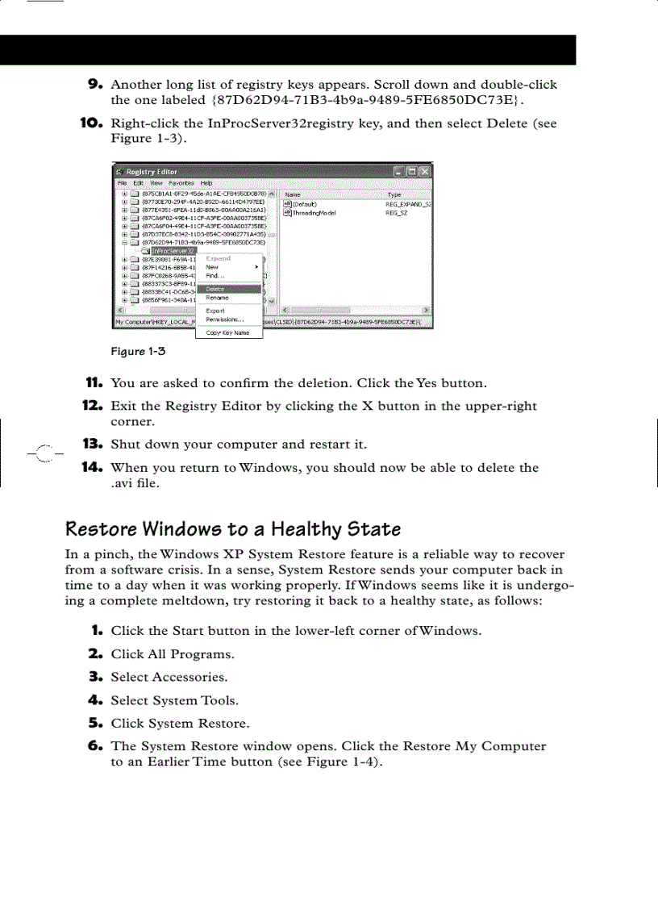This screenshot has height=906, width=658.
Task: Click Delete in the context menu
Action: (215, 289)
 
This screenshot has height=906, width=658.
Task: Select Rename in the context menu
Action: (217, 298)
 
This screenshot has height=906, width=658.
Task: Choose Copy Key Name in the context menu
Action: (227, 332)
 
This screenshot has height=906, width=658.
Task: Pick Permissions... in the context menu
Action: (225, 319)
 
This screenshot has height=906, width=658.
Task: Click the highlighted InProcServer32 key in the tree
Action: (169, 251)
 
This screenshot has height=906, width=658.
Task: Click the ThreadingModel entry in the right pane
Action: (314, 213)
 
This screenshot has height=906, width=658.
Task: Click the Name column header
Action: (294, 194)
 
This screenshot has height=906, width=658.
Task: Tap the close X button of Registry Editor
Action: (425, 172)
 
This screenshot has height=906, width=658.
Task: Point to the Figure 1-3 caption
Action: (138, 351)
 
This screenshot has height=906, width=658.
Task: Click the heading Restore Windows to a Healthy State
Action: (233, 529)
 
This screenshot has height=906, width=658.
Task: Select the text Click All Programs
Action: (173, 654)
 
